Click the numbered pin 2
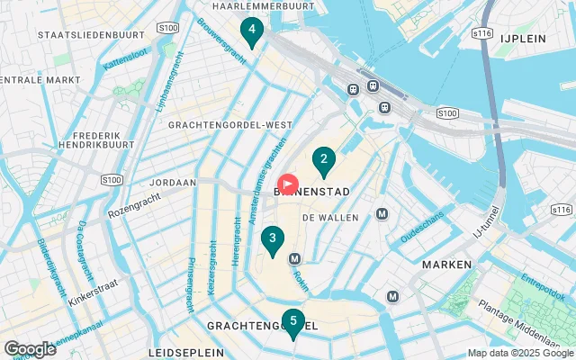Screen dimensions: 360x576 (323, 161)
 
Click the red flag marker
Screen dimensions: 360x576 (288, 185)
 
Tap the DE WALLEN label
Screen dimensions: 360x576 (330, 218)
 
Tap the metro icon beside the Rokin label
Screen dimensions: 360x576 (294, 259)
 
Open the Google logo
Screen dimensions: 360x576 (31, 348)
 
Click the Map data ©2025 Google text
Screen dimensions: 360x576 (520, 353)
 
